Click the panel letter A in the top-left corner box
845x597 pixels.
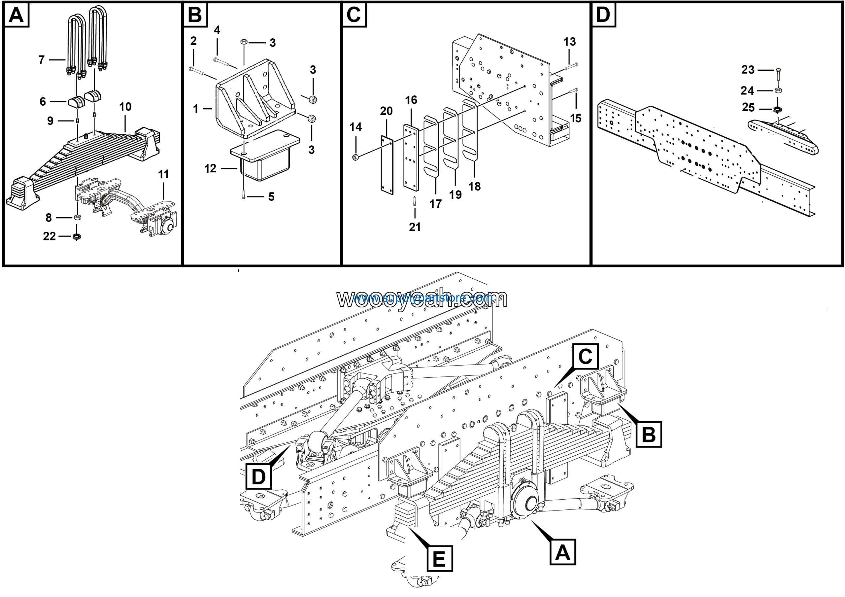(x=16, y=15)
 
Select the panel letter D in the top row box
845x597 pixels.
(x=603, y=15)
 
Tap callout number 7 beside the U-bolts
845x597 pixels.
(x=42, y=60)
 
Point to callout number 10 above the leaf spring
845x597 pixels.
(x=125, y=107)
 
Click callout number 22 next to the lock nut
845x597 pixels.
(x=49, y=236)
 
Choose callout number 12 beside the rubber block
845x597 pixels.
(x=210, y=169)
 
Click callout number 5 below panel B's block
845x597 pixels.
(x=271, y=196)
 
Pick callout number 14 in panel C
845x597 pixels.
(x=355, y=127)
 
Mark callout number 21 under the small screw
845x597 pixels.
(x=415, y=227)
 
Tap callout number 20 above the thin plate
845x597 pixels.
(x=386, y=111)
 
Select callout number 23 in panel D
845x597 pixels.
(x=748, y=70)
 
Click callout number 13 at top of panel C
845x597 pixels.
(x=569, y=42)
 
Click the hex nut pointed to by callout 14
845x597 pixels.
(x=355, y=158)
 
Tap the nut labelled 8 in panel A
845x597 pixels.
(x=77, y=217)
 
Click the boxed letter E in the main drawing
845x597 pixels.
(x=439, y=559)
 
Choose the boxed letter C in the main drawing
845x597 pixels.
(x=585, y=356)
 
